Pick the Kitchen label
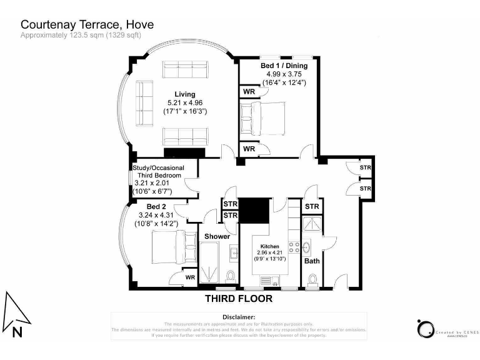(x=269, y=246)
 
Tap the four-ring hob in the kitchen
(x=292, y=247)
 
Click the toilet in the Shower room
(x=231, y=276)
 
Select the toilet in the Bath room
(x=312, y=279)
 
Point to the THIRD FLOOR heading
(x=239, y=299)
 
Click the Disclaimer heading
(x=239, y=317)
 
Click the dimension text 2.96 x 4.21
(x=269, y=252)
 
